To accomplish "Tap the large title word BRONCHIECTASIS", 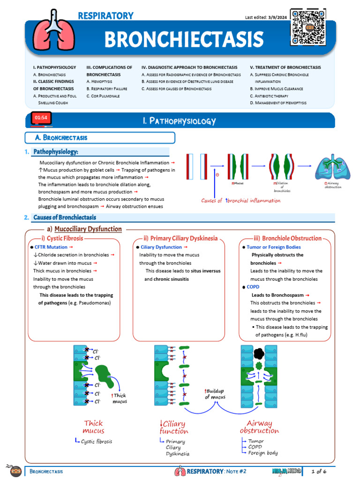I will pos(184,40).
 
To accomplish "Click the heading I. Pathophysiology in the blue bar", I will pos(180,121).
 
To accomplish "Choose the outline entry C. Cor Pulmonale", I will pos(103,96).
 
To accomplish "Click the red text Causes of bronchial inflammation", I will pos(240,201).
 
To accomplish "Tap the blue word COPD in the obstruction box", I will pos(253,287).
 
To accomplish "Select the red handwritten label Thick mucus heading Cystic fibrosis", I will pos(93,427).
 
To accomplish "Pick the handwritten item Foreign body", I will pos(263,453).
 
